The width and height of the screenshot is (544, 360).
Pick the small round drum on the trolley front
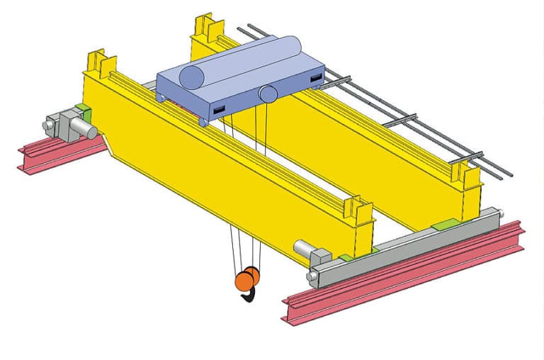[268, 93]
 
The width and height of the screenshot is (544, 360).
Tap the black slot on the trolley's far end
[317, 76]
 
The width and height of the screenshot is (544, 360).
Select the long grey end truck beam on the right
[404, 245]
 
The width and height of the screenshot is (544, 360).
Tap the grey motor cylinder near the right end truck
[303, 249]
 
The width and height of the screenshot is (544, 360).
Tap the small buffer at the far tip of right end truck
[501, 213]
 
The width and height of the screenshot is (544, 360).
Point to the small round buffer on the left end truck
[48, 125]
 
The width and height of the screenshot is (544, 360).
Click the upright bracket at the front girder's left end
[94, 63]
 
